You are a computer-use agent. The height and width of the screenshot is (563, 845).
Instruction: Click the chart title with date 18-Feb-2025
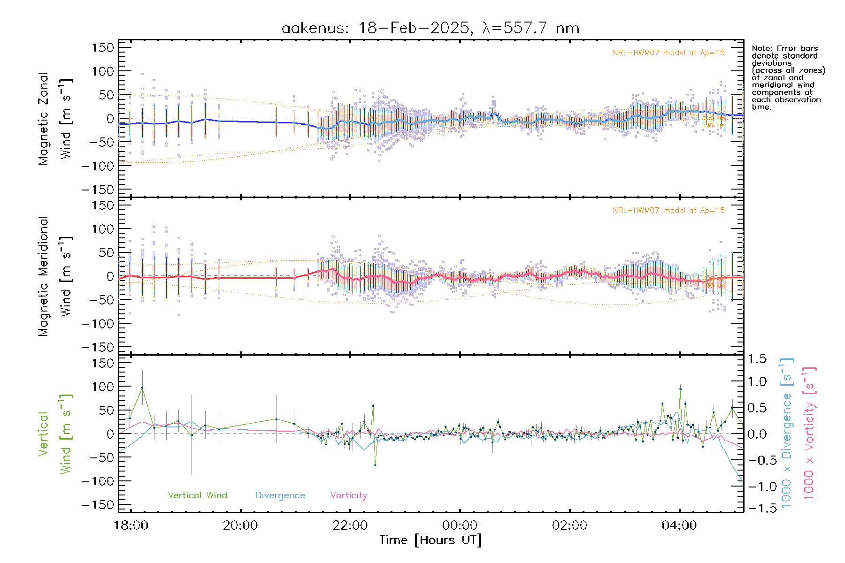pos(430,28)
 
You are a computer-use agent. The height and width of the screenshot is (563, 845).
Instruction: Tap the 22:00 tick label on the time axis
pos(350,525)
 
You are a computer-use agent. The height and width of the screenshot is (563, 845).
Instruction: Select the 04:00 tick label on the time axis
pos(679,525)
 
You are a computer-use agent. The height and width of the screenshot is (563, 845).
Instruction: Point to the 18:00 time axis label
pos(131,525)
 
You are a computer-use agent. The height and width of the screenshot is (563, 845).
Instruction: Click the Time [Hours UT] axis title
pos(430,540)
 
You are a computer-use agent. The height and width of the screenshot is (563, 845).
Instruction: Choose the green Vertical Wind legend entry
pos(197,495)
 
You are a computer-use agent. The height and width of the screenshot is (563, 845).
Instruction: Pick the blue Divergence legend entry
pos(280,495)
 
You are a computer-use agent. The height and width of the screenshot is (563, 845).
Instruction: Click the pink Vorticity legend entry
pos(348,495)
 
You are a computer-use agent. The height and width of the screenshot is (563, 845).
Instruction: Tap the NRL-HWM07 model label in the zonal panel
pos(668,53)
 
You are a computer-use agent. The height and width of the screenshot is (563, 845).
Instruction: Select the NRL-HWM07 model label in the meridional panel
pos(668,211)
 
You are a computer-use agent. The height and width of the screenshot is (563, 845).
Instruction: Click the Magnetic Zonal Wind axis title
pos(55,118)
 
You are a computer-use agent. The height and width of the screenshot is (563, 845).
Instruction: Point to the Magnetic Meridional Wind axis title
pos(55,276)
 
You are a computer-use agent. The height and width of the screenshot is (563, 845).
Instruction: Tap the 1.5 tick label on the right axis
pos(757,359)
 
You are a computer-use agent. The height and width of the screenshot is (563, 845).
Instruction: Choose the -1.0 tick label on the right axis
pos(757,487)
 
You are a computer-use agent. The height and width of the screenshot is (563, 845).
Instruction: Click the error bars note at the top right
pos(788,77)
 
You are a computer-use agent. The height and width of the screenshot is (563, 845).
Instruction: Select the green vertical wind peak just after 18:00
pos(142,388)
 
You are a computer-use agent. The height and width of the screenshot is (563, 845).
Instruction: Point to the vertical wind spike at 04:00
pos(680,389)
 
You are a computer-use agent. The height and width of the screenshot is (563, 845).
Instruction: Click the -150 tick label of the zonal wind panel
pos(98,190)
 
